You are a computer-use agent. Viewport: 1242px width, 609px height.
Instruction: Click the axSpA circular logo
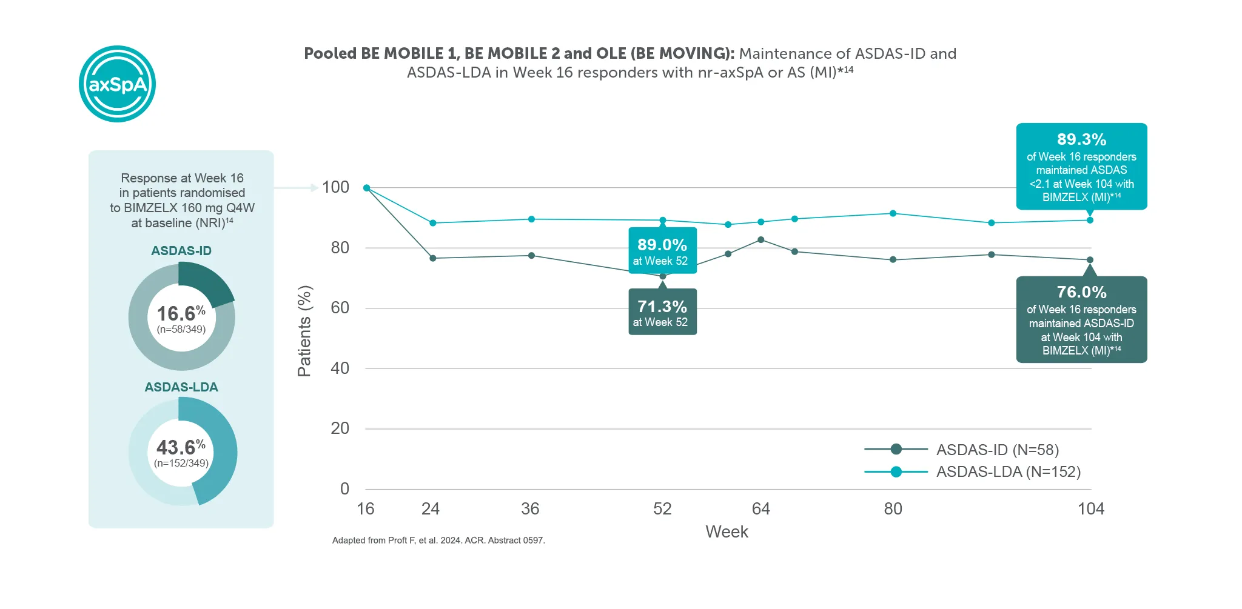117,84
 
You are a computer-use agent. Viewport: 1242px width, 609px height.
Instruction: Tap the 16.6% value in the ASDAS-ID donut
181,314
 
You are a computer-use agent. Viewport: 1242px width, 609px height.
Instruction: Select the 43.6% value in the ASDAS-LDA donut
181,448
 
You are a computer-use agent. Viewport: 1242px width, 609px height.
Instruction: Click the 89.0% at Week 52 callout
662,251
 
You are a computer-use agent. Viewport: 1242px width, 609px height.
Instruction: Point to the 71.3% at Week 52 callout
662,312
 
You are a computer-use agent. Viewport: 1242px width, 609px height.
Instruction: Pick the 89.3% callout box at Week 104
1081,167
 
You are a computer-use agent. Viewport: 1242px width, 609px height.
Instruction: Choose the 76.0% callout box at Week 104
1081,320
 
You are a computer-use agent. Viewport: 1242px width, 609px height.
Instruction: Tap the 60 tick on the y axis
340,308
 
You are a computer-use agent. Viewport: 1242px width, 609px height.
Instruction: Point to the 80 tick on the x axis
893,509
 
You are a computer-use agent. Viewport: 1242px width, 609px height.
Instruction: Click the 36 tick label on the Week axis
530,509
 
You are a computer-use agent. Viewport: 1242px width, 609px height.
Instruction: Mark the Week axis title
727,532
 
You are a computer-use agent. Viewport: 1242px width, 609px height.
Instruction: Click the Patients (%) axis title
304,331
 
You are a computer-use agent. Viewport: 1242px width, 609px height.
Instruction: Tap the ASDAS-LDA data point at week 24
432,223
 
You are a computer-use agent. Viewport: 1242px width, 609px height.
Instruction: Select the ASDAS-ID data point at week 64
761,240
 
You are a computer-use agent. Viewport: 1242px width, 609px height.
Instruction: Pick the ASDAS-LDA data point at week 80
893,213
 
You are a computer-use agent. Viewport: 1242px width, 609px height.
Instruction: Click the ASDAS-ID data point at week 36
531,256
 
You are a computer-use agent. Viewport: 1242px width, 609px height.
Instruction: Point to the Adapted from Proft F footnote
438,541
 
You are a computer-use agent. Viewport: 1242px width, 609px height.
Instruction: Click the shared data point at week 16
366,188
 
